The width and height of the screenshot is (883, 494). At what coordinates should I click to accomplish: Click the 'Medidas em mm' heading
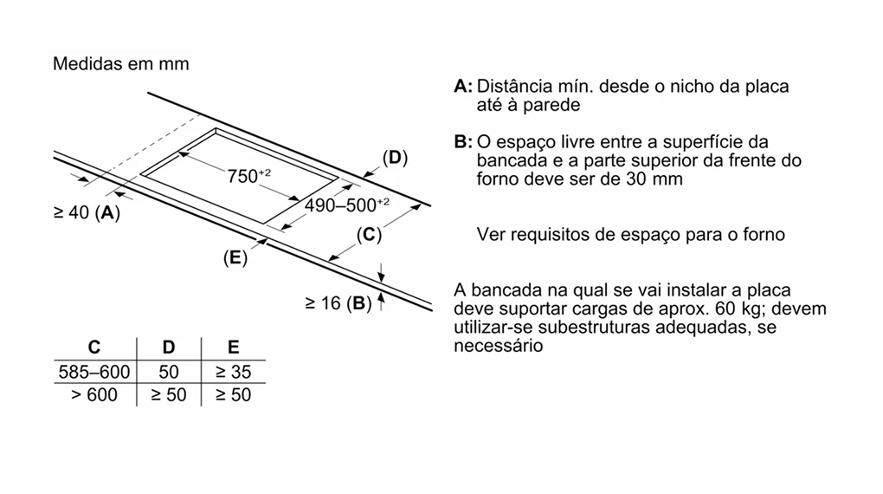coord(121,64)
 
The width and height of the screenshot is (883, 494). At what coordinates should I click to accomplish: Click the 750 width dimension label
coord(249,176)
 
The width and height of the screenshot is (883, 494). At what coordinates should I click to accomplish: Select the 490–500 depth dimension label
coord(347,205)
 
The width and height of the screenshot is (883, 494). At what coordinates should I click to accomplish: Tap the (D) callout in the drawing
coord(395,158)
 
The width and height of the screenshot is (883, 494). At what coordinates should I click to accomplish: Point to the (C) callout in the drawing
coord(369,234)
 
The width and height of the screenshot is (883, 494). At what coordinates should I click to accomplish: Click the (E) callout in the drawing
coord(235,257)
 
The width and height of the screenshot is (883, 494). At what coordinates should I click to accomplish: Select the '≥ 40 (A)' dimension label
coord(87,212)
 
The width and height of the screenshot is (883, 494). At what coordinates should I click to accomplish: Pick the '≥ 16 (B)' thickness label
coord(338,303)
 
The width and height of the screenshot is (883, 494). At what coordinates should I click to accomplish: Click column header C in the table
coord(94,348)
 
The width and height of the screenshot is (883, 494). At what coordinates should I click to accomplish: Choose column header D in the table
coord(169,348)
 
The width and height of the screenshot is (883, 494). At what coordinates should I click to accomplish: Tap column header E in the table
coord(233,348)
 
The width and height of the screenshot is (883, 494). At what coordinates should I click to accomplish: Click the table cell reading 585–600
coord(94,372)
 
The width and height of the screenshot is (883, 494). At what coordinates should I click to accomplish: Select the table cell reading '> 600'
coord(94,394)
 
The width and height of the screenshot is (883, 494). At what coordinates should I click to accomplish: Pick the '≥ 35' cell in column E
coord(233,372)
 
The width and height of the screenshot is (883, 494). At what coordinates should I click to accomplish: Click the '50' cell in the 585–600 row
coord(169,372)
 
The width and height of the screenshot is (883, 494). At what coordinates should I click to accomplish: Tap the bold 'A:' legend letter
coord(463,87)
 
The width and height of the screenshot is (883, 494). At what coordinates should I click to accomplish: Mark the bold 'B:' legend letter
coord(463,141)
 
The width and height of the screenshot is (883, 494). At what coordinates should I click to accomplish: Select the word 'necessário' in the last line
coord(499,345)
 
